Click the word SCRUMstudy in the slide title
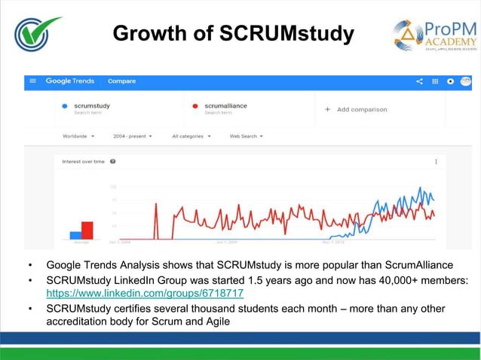coord(286,34)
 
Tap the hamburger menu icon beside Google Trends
coord(33,81)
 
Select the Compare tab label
coord(121,81)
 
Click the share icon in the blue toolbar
coord(419,81)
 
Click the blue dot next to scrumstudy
coord(66,106)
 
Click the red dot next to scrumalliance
coord(195,106)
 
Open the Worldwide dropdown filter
coord(78,136)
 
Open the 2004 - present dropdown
coord(133,136)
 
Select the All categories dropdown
coord(191,136)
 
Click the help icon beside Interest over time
coord(112,161)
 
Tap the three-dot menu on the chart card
coord(436,161)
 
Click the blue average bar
coord(75,234)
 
